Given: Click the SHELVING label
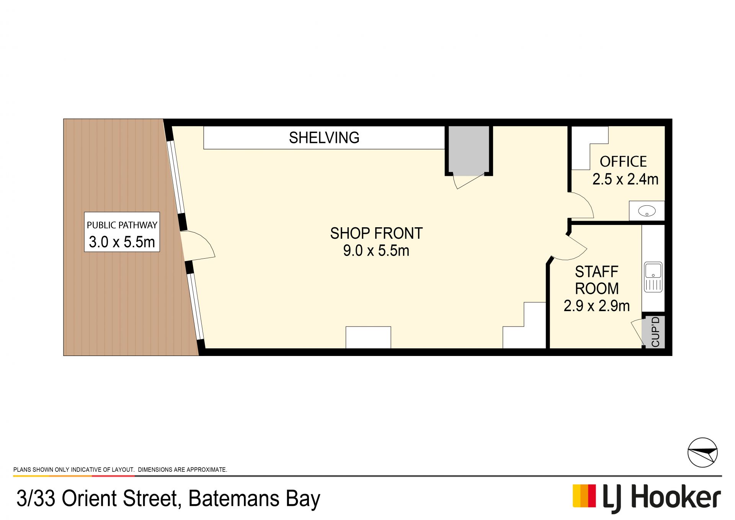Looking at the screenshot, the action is pyautogui.click(x=324, y=138).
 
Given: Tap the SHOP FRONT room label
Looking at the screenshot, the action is pyautogui.click(x=376, y=233).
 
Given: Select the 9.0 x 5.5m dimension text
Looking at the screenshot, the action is pyautogui.click(x=376, y=251).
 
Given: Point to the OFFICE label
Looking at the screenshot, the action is pyautogui.click(x=623, y=162).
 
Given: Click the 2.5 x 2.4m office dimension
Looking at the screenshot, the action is pyautogui.click(x=626, y=179).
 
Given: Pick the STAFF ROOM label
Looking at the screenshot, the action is pyautogui.click(x=597, y=280).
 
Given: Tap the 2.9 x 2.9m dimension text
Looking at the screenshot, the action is pyautogui.click(x=597, y=306).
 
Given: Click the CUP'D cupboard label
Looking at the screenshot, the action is pyautogui.click(x=655, y=332).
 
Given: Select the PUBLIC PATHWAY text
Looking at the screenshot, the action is pyautogui.click(x=122, y=225).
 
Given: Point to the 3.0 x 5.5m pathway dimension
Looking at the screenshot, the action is pyautogui.click(x=122, y=242).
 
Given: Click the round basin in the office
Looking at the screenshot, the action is pyautogui.click(x=647, y=211).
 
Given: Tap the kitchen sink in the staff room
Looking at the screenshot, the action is pyautogui.click(x=653, y=277).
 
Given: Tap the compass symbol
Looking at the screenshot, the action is pyautogui.click(x=702, y=453).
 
